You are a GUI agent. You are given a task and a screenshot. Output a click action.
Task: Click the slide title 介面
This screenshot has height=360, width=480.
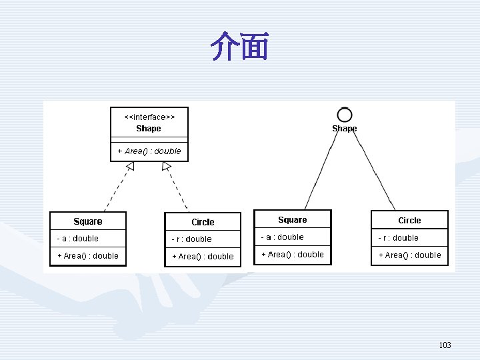coord(239,46)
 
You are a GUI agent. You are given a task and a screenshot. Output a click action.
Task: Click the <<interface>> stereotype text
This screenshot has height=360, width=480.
coord(149,117)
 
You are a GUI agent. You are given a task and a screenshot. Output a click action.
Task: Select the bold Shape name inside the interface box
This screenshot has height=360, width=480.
coord(149,128)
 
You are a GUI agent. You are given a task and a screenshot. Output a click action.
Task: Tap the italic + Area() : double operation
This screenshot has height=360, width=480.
coord(149,151)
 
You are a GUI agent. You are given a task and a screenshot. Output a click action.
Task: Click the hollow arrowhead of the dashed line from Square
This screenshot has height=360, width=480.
coord(131,165)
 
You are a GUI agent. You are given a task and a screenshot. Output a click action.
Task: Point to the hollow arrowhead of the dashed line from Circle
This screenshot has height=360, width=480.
coord(166,166)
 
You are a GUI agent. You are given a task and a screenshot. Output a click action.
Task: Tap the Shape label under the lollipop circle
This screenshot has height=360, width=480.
coord(345,129)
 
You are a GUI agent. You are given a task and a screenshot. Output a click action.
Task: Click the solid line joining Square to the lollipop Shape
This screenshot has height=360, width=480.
coord(321,171)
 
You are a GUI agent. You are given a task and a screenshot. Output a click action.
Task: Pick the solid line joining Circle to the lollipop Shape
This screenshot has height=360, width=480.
coord(374,171)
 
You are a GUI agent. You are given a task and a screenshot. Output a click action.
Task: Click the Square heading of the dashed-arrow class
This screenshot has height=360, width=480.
coord(88,221)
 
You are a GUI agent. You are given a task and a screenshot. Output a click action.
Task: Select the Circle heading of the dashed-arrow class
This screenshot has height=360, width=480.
coord(203,222)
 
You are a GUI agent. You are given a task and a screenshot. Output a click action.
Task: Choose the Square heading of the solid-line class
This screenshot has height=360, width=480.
coord(293,220)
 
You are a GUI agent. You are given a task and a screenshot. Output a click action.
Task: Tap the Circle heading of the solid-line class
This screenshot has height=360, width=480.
coord(409,221)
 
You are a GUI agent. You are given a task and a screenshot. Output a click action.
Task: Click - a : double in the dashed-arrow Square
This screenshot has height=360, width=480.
coord(78,239)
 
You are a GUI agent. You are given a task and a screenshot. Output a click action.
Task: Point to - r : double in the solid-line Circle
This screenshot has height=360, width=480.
coord(398,238)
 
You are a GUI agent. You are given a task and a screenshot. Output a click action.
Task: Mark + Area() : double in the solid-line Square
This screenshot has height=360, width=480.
coord(293,255)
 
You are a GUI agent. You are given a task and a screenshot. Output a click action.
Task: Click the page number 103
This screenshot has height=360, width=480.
coord(445,345)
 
